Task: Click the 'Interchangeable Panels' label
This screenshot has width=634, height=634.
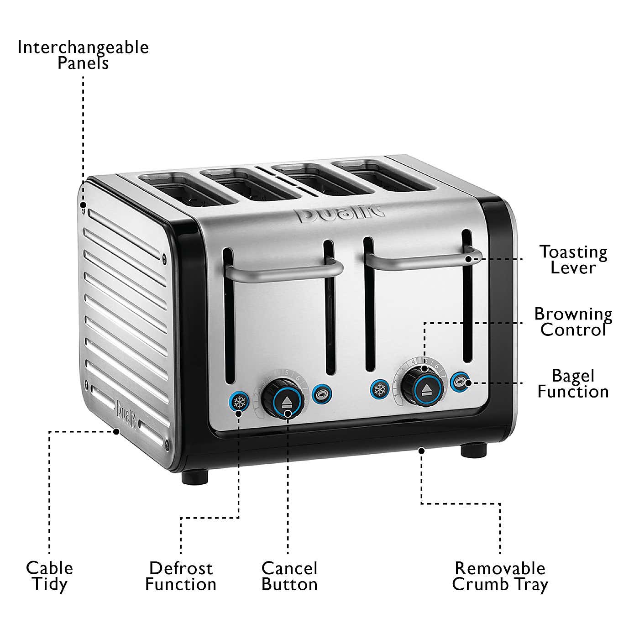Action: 83,55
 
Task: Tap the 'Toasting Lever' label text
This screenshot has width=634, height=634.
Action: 573,259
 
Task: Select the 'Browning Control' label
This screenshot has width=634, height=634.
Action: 573,322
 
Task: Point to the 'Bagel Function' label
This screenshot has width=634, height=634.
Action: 573,383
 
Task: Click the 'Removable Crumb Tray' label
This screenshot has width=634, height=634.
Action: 500,576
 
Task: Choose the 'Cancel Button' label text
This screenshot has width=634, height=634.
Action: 289,576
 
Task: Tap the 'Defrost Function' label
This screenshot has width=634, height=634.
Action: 181,576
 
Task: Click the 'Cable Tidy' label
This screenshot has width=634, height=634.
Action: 49,576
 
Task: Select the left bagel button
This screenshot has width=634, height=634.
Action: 322,393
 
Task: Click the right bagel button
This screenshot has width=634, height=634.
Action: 460,382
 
